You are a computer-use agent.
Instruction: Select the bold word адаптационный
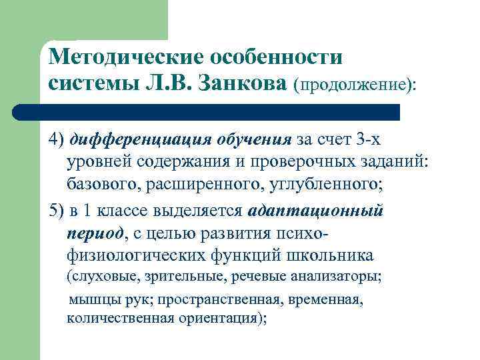[315, 212]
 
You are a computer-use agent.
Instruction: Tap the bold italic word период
[95, 233]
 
